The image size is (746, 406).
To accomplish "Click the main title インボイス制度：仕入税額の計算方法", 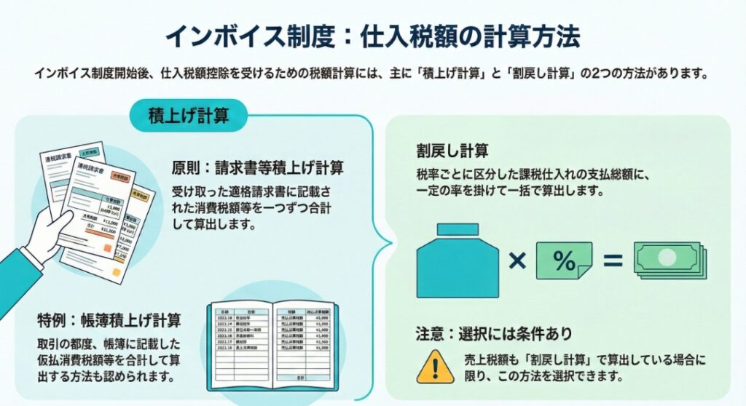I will [x=372, y=35].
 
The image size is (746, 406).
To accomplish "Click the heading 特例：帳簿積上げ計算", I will [x=109, y=319].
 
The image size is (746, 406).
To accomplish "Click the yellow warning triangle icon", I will [x=435, y=366].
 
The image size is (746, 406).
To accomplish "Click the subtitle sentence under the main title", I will [x=372, y=74].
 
